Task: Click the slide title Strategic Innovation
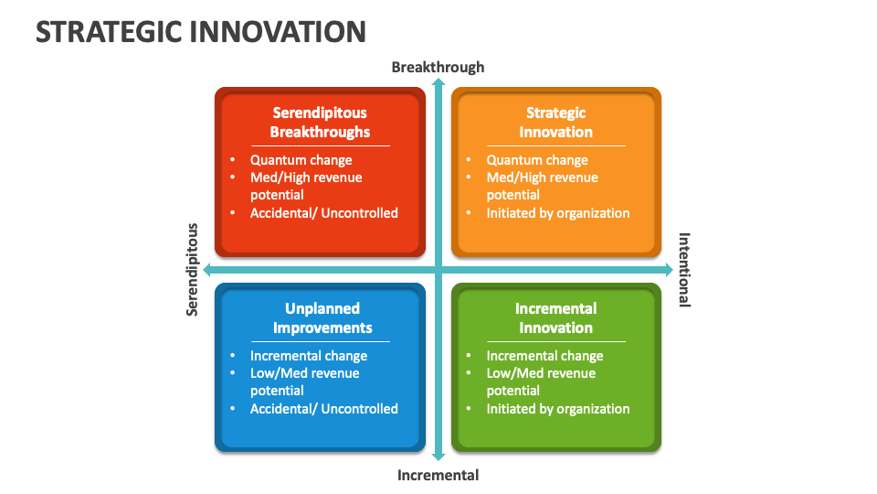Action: (x=201, y=32)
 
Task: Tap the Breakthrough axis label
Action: (x=438, y=67)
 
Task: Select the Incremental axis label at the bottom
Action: (x=438, y=475)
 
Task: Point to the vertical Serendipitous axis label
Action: (x=193, y=270)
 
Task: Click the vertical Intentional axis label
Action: (x=684, y=270)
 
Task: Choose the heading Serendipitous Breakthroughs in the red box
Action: (x=320, y=123)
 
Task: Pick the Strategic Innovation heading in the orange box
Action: (x=555, y=123)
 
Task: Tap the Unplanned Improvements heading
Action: (x=322, y=318)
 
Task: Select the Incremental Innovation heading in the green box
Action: (x=555, y=318)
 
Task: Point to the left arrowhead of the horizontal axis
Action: (x=209, y=270)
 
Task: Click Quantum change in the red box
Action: (x=301, y=160)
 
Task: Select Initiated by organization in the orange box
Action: (x=558, y=213)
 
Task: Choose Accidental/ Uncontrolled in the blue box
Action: (x=324, y=409)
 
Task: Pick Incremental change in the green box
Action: (x=544, y=356)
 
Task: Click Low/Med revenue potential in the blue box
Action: (x=305, y=381)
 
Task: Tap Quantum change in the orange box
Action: (x=537, y=160)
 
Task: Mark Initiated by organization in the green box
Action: (x=558, y=409)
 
